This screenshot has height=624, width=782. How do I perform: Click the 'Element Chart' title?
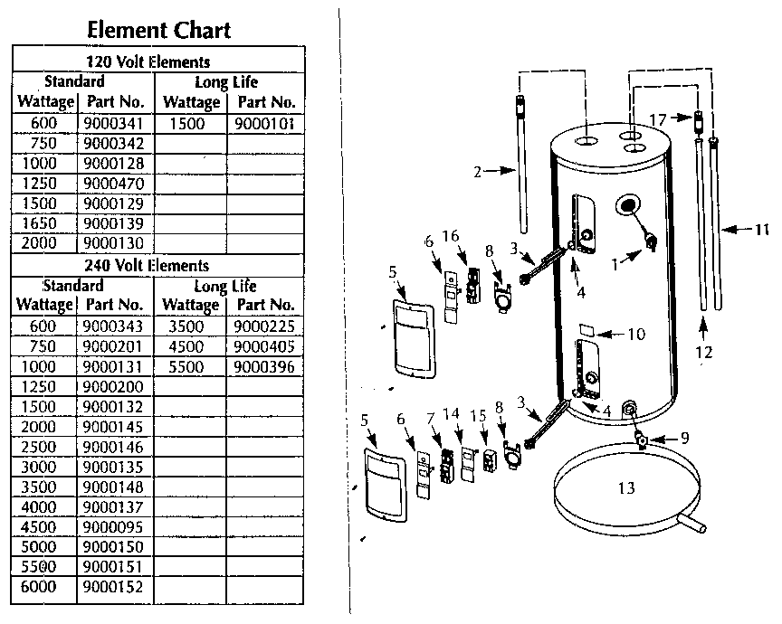point(158,29)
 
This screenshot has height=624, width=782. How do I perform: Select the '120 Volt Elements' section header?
point(159,61)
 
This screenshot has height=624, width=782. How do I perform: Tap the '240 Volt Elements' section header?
point(158,265)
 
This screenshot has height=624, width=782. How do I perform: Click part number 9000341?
point(112,123)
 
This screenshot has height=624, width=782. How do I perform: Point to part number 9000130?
point(112,242)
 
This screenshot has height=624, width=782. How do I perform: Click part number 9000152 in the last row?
point(112,586)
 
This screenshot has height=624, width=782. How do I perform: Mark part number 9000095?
point(112,526)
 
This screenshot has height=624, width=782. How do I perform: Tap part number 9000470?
point(112,183)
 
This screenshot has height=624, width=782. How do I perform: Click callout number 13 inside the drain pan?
point(625,488)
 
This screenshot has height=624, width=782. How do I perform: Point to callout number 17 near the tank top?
point(658,118)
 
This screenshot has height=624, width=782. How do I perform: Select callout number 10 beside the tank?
point(635,334)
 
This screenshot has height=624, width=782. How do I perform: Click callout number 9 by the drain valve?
point(683,437)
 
